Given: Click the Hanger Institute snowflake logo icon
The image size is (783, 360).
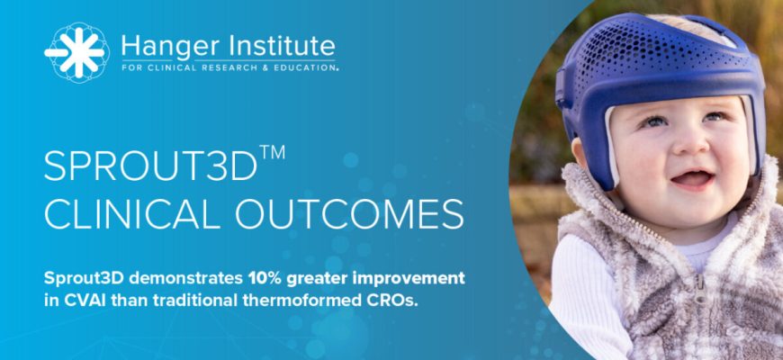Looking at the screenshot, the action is [x=76, y=52].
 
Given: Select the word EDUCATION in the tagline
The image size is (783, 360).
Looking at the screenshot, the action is [x=309, y=67].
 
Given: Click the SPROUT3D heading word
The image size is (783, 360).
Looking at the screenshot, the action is [x=150, y=166].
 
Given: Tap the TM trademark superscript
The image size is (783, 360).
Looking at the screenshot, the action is [x=272, y=152].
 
